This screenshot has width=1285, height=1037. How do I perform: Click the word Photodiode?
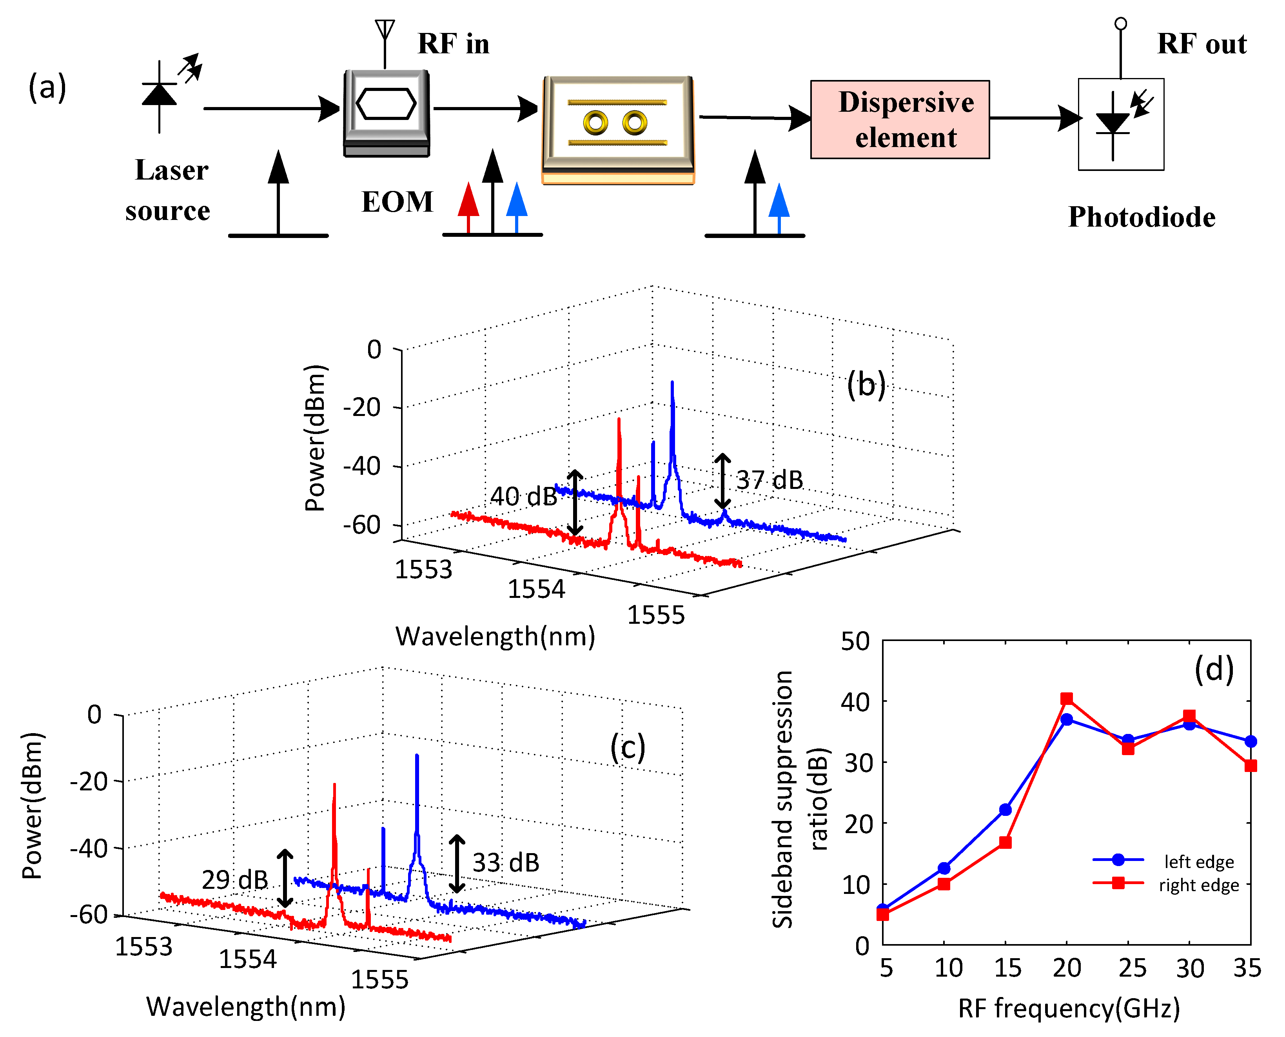click(1141, 217)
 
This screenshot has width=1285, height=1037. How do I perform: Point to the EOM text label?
click(397, 202)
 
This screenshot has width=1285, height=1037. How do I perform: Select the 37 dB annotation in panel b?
click(770, 479)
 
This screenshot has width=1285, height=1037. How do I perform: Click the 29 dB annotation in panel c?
click(235, 879)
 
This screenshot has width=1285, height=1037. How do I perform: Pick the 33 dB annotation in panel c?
click(506, 863)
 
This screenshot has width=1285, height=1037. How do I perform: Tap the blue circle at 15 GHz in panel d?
click(1005, 810)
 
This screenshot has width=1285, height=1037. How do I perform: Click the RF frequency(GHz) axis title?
click(1069, 1008)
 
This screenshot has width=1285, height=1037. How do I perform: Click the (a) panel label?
click(47, 87)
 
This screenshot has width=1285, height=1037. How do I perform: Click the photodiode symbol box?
click(1120, 124)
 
